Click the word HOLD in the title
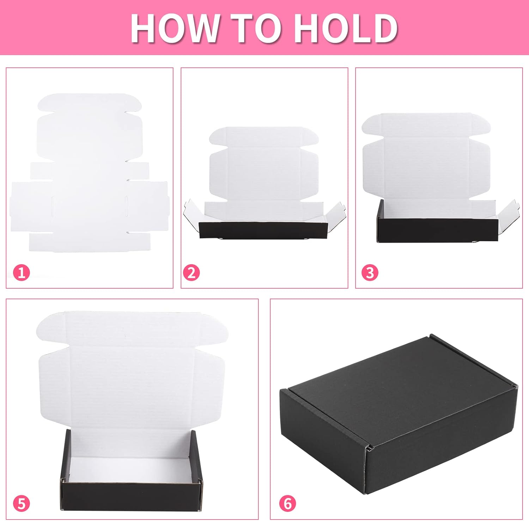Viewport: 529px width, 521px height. pos(346,28)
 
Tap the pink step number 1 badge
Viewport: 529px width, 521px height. pos(22,273)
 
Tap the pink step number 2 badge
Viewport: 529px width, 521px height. pos(191,273)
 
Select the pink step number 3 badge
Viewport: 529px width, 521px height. pos(370,273)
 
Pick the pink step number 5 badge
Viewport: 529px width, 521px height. pos(22,503)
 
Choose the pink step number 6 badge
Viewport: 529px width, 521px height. pos(287,503)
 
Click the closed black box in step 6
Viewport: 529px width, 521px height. pos(399,417)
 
